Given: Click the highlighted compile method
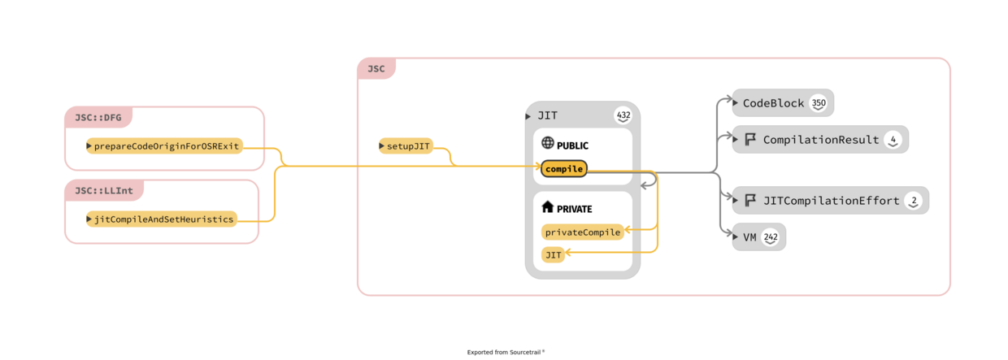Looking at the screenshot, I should click(x=564, y=169).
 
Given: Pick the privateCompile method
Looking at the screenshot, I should click(x=583, y=232).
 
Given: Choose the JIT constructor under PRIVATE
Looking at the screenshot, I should click(x=554, y=255).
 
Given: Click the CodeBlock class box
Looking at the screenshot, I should click(x=773, y=103).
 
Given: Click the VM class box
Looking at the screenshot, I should click(x=749, y=237).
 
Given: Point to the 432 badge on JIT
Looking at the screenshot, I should click(x=623, y=115).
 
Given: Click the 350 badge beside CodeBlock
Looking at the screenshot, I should click(x=819, y=103).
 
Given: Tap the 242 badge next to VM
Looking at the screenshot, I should click(x=771, y=237).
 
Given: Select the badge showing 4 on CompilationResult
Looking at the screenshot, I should click(x=893, y=140).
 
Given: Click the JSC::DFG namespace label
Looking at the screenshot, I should click(x=98, y=118).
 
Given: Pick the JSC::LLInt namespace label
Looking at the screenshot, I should click(x=103, y=190).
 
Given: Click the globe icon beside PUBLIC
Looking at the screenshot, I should click(x=548, y=143).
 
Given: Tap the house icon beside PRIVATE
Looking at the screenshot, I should click(x=548, y=207).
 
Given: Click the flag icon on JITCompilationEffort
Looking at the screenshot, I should click(x=750, y=201).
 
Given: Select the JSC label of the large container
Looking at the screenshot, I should click(x=376, y=69).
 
